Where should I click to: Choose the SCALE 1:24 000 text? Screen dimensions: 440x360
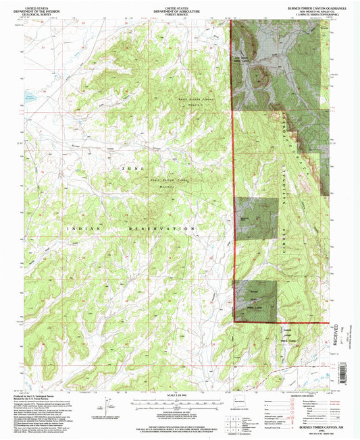pyautogui.click(x=180, y=404)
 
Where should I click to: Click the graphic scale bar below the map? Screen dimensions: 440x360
pyautogui.click(x=180, y=410)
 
